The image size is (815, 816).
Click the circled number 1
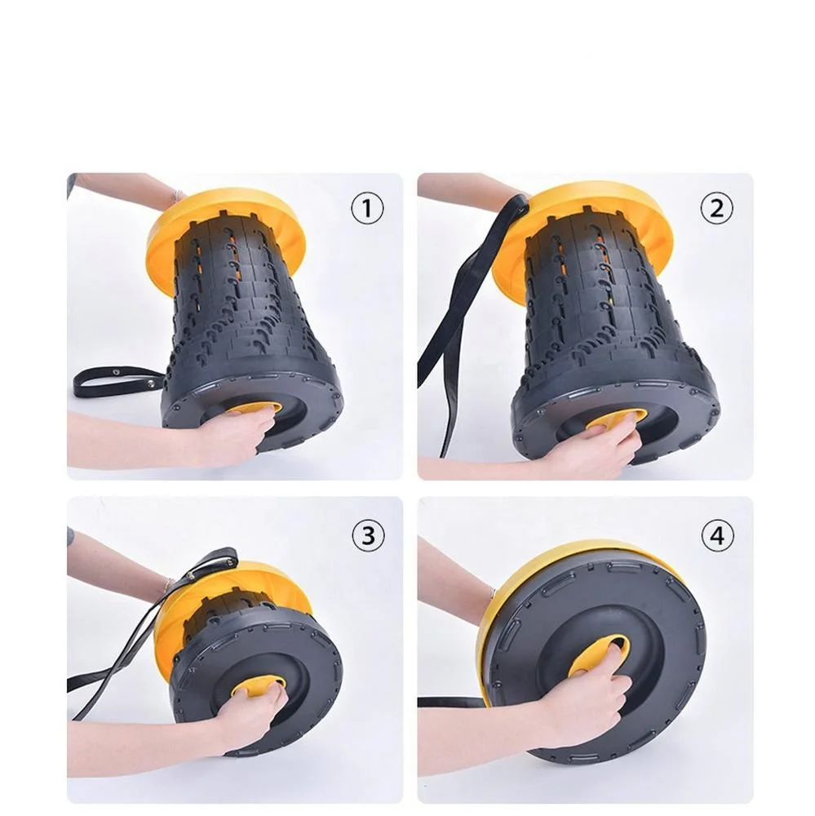[x=367, y=208]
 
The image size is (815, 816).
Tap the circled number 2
[x=716, y=208]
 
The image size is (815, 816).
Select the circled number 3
[x=368, y=535]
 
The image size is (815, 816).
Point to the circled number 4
[x=718, y=535]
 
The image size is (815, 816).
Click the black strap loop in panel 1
[x=117, y=381]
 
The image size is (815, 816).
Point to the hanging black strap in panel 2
[x=458, y=322]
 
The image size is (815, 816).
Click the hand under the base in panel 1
[x=229, y=432]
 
